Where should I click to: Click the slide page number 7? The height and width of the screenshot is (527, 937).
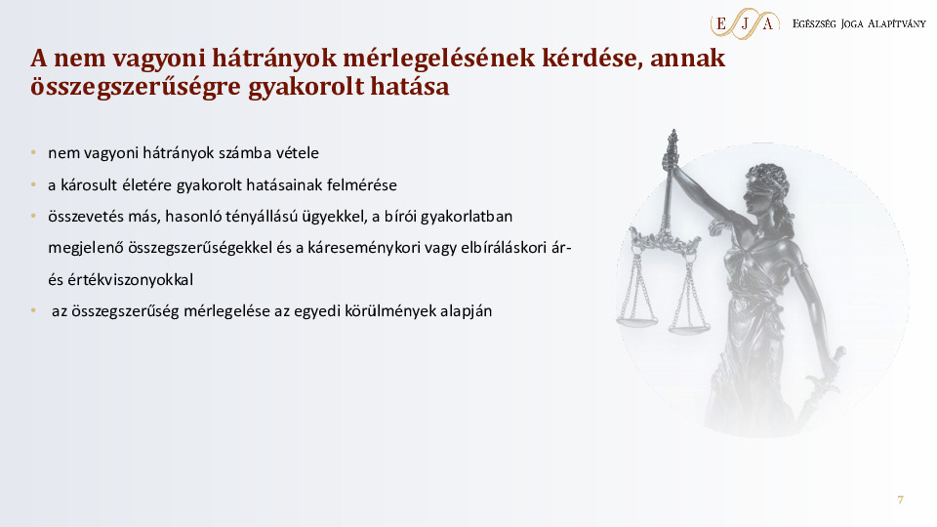(x=900, y=501)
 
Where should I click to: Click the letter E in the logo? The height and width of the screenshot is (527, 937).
(x=720, y=23)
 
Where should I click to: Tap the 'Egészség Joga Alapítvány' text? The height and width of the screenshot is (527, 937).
(x=859, y=23)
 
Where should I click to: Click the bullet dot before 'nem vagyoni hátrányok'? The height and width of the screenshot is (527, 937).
(x=33, y=153)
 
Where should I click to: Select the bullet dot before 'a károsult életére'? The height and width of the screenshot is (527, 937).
(x=33, y=184)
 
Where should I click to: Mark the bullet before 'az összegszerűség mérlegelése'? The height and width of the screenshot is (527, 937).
(x=33, y=311)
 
